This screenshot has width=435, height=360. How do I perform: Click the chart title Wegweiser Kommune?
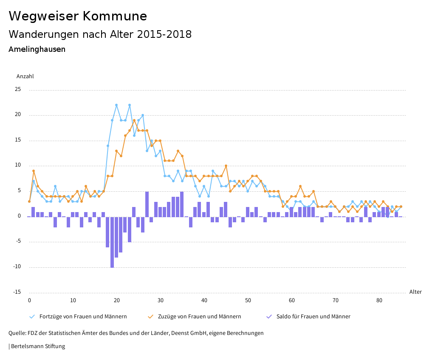[x=78, y=16]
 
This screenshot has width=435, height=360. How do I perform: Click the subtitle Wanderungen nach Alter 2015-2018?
[x=100, y=34]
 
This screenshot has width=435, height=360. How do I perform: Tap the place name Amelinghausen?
[x=37, y=49]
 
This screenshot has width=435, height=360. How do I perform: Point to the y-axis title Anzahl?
[x=25, y=77]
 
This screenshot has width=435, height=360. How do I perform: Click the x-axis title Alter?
[x=415, y=292]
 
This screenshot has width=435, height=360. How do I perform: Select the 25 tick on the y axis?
[x=18, y=89]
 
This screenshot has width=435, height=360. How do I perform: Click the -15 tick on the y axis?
[x=17, y=292]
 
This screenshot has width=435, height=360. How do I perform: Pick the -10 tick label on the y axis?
[x=17, y=267]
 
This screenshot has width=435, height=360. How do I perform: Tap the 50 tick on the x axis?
[x=248, y=300]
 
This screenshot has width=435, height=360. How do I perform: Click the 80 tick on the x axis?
[x=379, y=300]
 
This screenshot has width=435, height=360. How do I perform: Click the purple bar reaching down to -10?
[x=112, y=242]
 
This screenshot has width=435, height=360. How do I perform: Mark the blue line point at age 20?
[x=116, y=105]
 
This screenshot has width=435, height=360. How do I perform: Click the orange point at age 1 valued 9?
[x=34, y=171]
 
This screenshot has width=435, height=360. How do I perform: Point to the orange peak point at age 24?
[x=134, y=120]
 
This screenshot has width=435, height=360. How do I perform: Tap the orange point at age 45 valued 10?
[x=226, y=166]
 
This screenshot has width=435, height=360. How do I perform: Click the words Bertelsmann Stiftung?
[x=38, y=346]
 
